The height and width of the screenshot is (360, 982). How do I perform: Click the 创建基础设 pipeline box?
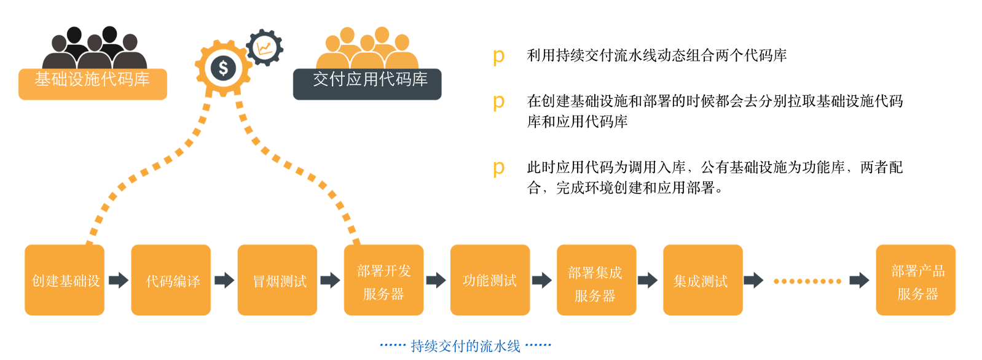[65, 280]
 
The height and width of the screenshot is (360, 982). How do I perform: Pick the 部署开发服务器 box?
[383, 280]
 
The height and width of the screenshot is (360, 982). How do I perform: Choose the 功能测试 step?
[490, 280]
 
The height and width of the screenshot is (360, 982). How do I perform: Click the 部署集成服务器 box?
[596, 280]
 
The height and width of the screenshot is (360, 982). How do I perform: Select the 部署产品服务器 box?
[916, 280]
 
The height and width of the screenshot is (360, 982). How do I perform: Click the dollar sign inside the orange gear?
[223, 68]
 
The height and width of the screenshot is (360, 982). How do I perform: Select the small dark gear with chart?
[265, 47]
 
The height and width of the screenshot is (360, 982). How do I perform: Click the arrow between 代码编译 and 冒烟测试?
[224, 280]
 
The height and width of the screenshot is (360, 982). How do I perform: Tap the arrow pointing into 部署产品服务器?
[859, 281]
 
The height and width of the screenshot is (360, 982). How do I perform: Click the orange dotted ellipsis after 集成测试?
[807, 281]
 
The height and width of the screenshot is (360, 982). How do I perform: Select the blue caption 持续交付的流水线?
[465, 346]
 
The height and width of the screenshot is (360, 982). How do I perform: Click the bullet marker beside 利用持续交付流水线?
[498, 57]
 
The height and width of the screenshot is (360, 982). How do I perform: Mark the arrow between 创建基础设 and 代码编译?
[118, 280]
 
